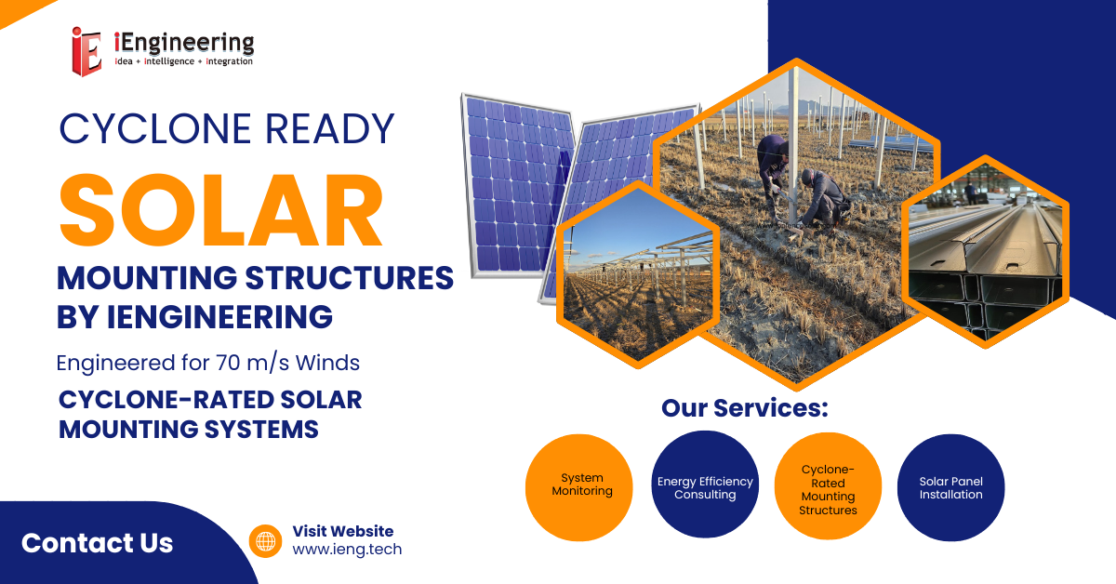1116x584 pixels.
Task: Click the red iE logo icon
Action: point(86,51)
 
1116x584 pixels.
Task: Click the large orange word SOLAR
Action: point(221,210)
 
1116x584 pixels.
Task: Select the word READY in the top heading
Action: point(329,128)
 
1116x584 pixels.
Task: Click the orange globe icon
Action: point(266,540)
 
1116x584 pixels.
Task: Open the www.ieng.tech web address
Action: point(347,549)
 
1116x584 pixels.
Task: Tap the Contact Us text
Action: point(97,543)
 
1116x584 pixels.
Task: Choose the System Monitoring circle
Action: point(578,487)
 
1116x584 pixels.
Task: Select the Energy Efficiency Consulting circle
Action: point(705,484)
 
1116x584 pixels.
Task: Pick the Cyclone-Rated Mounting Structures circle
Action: point(828,485)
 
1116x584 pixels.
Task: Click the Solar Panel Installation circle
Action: point(951,487)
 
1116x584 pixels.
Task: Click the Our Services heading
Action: point(745,408)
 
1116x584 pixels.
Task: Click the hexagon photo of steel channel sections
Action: point(986,252)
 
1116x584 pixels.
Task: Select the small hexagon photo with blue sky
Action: point(638,274)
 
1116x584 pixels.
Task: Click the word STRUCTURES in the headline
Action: point(350,278)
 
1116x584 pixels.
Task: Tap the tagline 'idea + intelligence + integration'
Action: point(184,61)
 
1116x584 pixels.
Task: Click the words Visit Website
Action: point(343,531)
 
